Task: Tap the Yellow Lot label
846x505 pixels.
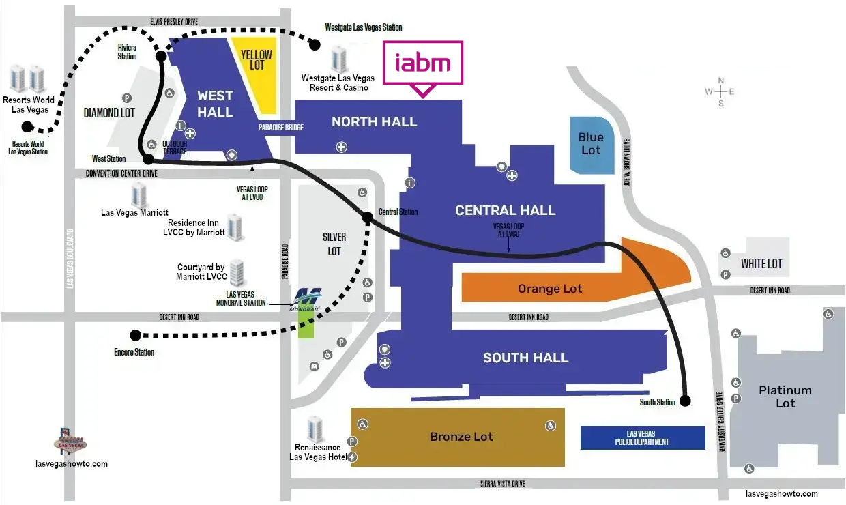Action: [257, 60]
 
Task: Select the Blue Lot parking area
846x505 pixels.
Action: [592, 145]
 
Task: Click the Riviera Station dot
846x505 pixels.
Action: [161, 56]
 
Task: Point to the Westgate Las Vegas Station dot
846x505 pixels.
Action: [315, 45]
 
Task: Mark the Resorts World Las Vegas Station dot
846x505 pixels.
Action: [27, 126]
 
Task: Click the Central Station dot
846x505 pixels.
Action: [368, 217]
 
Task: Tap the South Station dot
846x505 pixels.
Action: [685, 401]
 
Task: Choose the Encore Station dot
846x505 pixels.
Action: [136, 335]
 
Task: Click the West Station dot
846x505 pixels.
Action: [149, 159]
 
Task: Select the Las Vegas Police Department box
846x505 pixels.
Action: [643, 437]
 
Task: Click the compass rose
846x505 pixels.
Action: [720, 91]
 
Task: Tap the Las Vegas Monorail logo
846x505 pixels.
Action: [306, 300]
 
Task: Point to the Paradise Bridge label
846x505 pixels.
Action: [280, 128]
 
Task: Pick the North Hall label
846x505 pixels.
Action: [375, 121]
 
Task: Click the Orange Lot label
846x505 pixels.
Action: [550, 289]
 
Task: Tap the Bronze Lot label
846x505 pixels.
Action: [461, 437]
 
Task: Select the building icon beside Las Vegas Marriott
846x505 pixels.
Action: [139, 195]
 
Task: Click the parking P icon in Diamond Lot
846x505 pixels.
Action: [127, 98]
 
